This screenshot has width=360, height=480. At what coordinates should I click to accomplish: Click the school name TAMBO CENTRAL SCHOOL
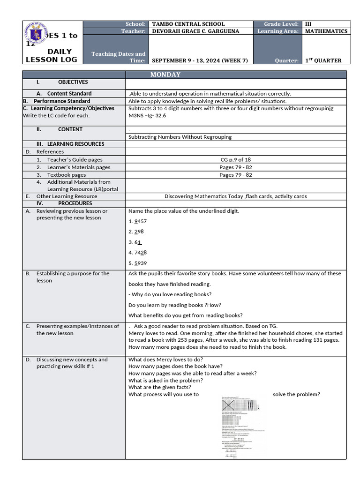188,24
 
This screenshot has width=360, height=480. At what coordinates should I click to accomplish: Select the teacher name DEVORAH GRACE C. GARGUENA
195,31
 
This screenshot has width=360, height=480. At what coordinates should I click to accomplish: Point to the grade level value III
308,24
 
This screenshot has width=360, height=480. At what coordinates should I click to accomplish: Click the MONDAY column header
165,75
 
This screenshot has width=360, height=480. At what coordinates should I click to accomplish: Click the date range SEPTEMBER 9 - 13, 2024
200,60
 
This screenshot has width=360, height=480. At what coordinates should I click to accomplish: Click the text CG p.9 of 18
235,160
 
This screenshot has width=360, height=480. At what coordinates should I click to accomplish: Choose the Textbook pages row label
66,175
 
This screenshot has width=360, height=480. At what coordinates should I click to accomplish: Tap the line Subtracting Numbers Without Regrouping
180,137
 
